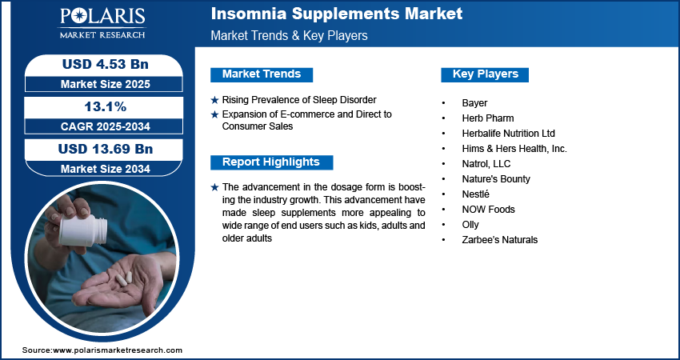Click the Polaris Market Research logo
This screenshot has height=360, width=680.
102,23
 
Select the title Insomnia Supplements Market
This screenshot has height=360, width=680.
336,14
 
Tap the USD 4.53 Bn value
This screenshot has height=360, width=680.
102,64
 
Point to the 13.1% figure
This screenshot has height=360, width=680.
102,106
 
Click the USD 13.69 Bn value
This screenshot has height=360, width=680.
102,149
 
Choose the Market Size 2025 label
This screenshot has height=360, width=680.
102,83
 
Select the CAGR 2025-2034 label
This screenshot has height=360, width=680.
102,126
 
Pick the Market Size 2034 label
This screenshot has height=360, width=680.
102,168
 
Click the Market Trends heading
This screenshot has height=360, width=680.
261,74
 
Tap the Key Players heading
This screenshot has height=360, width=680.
485,74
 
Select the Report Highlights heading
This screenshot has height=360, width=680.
270,162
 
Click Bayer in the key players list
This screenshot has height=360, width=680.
474,103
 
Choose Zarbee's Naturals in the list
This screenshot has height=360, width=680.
499,240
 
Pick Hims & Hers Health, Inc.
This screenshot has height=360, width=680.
514,149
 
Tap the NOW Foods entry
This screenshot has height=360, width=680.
488,210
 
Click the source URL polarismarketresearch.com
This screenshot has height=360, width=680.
118,350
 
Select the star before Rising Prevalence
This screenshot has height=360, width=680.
214,100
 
